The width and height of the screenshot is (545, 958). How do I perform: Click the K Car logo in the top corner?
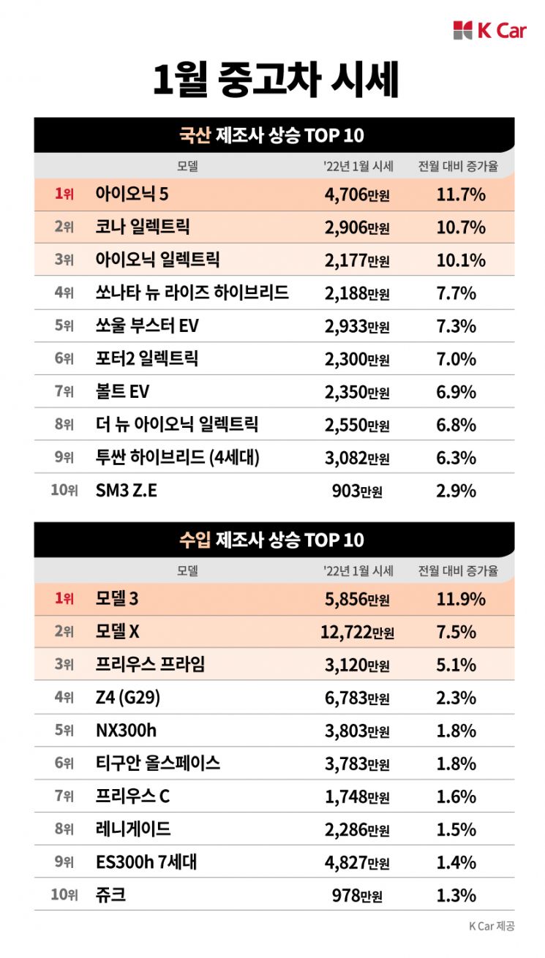[x=489, y=31]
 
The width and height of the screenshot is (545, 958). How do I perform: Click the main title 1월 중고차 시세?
[x=275, y=80]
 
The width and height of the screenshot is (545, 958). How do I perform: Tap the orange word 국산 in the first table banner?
[x=195, y=135]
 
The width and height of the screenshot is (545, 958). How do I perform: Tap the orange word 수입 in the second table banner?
[x=195, y=540]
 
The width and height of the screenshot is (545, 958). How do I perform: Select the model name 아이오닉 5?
[x=132, y=195]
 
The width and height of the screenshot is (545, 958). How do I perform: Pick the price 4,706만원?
[x=357, y=195]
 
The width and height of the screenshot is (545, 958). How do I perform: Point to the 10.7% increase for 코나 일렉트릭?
[x=460, y=227]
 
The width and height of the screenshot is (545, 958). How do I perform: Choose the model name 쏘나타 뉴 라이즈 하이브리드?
[x=192, y=293]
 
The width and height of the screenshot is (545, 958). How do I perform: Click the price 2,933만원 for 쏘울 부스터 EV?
[x=357, y=326]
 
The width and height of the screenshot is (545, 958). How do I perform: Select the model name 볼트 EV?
[x=122, y=392]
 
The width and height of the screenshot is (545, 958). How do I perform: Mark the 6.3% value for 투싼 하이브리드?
[x=456, y=458]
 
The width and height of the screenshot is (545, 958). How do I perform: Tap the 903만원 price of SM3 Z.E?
[x=357, y=491]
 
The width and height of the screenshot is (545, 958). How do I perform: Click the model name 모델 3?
[x=117, y=599]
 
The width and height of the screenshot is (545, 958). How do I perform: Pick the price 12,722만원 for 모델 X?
[x=357, y=632]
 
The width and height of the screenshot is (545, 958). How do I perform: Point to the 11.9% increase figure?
[x=460, y=599]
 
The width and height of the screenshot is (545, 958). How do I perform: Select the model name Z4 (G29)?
[x=127, y=698]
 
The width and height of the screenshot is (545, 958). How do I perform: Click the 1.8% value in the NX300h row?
[x=456, y=731]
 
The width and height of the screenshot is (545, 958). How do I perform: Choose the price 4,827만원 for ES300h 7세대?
[x=357, y=862]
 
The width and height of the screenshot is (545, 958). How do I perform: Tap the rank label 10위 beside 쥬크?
[x=64, y=895]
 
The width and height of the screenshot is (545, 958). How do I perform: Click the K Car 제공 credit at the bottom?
[x=492, y=926]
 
